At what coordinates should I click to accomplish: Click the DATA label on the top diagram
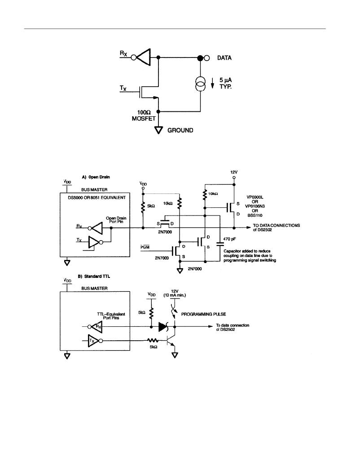[x=224, y=58]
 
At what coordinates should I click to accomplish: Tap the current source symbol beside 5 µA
[x=201, y=84]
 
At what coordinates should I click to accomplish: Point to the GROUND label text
[x=180, y=130]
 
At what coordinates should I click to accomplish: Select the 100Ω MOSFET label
[x=144, y=116]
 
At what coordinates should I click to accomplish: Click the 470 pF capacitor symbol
[x=220, y=244]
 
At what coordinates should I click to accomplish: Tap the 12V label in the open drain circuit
[x=234, y=172]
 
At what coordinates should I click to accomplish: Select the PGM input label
[x=145, y=247]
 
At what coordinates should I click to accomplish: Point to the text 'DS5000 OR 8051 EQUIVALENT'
[x=97, y=198]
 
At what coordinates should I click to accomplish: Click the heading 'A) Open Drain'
[x=96, y=177]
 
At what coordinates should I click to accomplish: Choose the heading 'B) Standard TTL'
[x=94, y=277]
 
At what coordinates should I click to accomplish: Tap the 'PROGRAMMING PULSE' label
[x=204, y=314]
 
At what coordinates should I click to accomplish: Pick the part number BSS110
[x=255, y=215]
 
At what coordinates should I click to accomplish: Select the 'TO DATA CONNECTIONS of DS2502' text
[x=277, y=227]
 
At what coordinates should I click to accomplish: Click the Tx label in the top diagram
[x=123, y=88]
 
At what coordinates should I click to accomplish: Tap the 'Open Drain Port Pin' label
[x=116, y=220]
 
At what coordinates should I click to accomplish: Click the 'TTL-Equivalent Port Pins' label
[x=111, y=316]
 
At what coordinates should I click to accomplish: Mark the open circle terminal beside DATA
[x=206, y=58]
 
